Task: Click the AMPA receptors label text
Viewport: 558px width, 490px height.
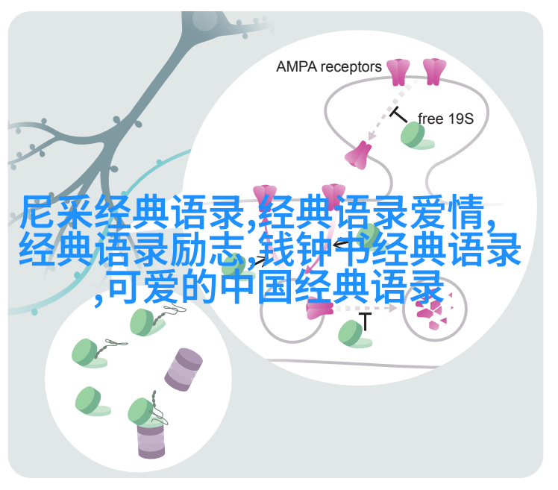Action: pos(328,67)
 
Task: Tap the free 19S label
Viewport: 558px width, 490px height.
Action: pos(445,119)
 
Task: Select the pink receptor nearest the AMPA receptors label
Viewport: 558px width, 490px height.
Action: pos(398,72)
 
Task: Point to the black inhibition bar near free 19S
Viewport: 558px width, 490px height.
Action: pos(398,115)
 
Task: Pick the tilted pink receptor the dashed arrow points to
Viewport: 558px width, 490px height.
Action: pos(358,155)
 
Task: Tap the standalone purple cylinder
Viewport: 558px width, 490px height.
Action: pos(184,369)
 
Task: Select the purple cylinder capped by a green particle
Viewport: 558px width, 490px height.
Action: pos(151,439)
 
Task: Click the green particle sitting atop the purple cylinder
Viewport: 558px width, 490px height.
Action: pos(142,412)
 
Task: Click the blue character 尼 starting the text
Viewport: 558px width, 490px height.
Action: pos(37,213)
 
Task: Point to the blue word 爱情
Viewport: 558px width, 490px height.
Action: pos(448,213)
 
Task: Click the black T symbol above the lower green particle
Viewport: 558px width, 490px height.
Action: pos(365,321)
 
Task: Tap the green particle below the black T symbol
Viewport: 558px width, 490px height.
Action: pos(354,333)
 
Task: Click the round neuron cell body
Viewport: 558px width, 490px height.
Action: pos(204,22)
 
